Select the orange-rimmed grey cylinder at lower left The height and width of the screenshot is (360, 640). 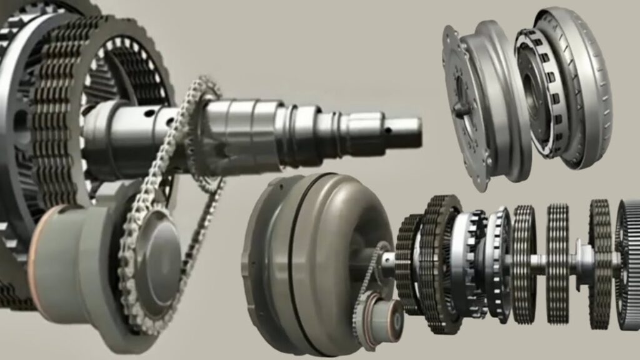[x=69, y=250]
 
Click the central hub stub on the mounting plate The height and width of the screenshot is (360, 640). [x=462, y=110]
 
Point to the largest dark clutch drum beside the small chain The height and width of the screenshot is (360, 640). [x=437, y=262]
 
